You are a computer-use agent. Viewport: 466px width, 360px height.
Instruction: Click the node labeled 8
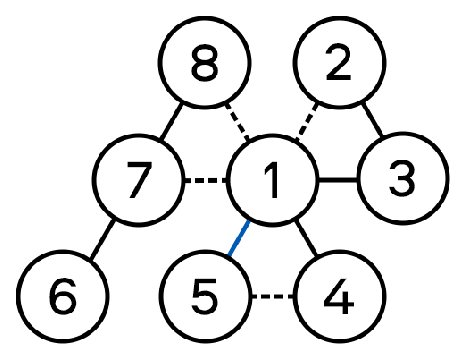click(204, 62)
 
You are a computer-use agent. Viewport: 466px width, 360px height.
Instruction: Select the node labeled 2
click(339, 62)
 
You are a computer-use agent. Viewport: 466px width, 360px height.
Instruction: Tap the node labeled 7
click(139, 180)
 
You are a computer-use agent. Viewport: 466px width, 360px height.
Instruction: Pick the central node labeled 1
click(272, 180)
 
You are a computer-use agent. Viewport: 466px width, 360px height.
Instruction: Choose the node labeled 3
click(403, 178)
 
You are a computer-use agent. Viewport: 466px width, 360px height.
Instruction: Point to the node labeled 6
click(63, 296)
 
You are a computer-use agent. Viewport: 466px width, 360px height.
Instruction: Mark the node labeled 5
click(204, 296)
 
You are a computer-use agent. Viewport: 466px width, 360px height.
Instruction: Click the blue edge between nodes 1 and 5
click(239, 237)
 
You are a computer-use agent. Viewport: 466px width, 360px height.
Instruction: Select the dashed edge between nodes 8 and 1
click(237, 122)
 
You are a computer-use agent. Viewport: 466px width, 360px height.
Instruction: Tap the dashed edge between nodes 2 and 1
click(307, 122)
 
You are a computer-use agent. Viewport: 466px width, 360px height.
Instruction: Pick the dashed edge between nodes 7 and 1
click(205, 180)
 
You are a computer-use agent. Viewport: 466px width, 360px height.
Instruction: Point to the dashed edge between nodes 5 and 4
click(272, 296)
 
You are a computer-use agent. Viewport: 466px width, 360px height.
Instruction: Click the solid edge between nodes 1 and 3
click(337, 180)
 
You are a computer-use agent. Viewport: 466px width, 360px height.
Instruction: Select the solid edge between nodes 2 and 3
click(372, 120)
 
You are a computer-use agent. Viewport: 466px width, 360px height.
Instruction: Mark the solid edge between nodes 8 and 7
click(172, 121)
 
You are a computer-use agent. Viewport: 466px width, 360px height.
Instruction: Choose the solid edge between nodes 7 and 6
click(102, 239)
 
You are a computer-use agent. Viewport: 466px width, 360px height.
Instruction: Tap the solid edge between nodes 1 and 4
click(306, 238)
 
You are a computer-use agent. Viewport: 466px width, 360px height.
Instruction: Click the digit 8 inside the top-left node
click(205, 62)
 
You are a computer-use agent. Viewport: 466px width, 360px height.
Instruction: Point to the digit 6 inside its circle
click(63, 297)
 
